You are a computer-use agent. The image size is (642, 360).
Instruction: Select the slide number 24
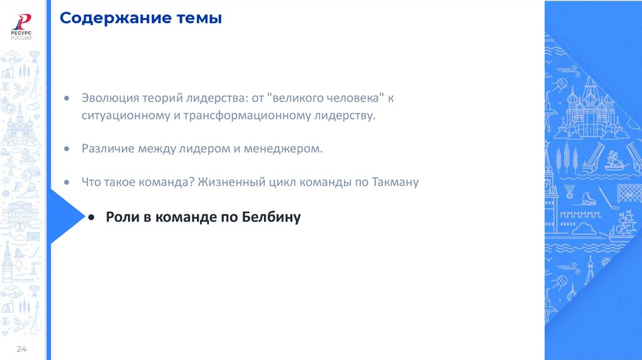[21, 349]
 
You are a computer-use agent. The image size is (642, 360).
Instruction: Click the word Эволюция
[107, 99]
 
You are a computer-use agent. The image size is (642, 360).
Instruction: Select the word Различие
[105, 149]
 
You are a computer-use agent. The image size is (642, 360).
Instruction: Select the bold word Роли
[118, 217]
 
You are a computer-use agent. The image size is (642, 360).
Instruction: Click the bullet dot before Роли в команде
[92, 217]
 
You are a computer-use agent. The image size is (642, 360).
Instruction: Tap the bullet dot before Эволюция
[67, 100]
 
